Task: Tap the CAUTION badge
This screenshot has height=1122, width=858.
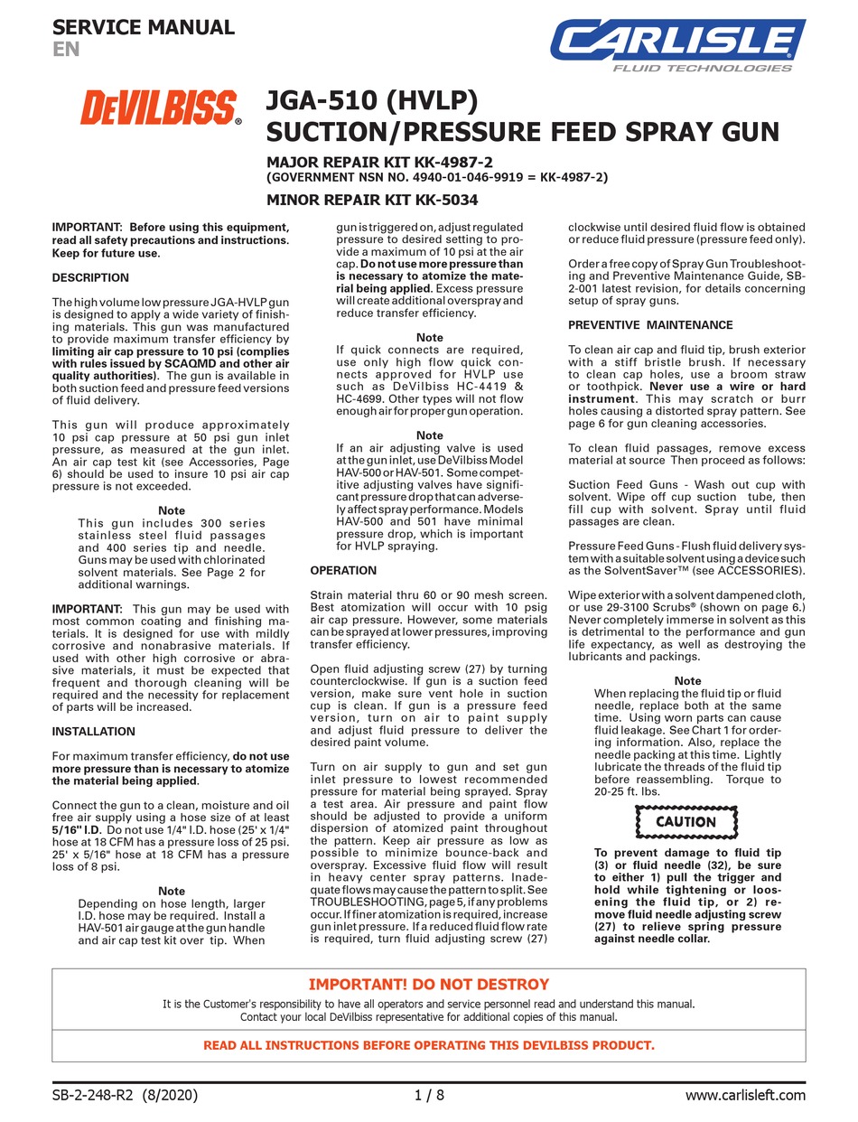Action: pyautogui.click(x=685, y=822)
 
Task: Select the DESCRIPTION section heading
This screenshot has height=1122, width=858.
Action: pyautogui.click(x=90, y=277)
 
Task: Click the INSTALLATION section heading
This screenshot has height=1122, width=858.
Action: pyautogui.click(x=94, y=732)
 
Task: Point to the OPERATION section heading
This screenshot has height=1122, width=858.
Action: pyautogui.click(x=343, y=571)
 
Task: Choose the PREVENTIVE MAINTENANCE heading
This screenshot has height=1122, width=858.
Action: pyautogui.click(x=650, y=325)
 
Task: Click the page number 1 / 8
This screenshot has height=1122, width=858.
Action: pyautogui.click(x=429, y=1096)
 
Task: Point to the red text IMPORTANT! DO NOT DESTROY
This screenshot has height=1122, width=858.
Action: pyautogui.click(x=429, y=985)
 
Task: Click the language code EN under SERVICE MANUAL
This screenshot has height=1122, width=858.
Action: pyautogui.click(x=65, y=50)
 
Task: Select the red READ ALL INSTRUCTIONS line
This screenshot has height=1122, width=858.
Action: pyautogui.click(x=429, y=1045)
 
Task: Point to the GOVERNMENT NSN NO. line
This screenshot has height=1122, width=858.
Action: pyautogui.click(x=436, y=178)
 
